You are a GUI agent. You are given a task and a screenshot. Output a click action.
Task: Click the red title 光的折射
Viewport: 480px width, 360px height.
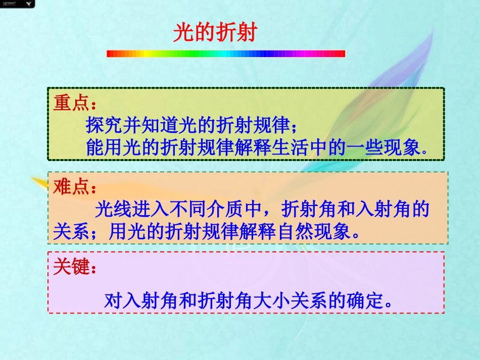click(215, 33)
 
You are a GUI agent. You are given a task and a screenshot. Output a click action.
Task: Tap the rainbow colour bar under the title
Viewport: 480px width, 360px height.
click(226, 54)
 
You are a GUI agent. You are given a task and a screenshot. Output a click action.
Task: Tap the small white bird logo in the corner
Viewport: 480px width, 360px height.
click(32, 5)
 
